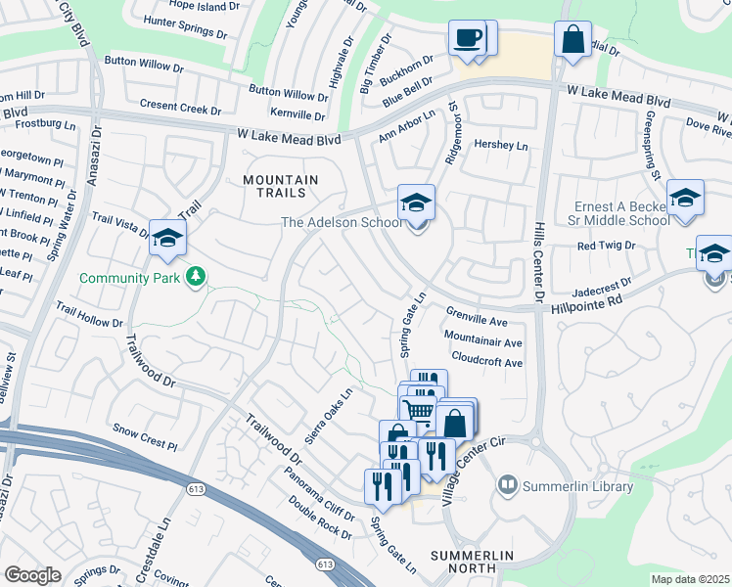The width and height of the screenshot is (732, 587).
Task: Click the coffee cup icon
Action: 467,38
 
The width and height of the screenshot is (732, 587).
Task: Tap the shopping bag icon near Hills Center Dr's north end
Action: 572,40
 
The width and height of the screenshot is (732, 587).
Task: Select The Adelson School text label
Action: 341,222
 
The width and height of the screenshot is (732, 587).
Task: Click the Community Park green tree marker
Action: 197,277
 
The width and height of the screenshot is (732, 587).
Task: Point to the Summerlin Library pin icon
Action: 507,483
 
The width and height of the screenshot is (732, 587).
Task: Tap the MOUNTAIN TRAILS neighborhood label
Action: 280,188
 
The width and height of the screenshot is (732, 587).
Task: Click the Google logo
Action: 32,575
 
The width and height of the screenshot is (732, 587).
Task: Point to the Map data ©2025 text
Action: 690,579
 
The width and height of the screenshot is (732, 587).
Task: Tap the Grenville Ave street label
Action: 477,320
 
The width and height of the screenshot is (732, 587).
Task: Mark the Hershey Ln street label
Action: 500,145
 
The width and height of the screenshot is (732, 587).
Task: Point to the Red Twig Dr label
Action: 606,246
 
